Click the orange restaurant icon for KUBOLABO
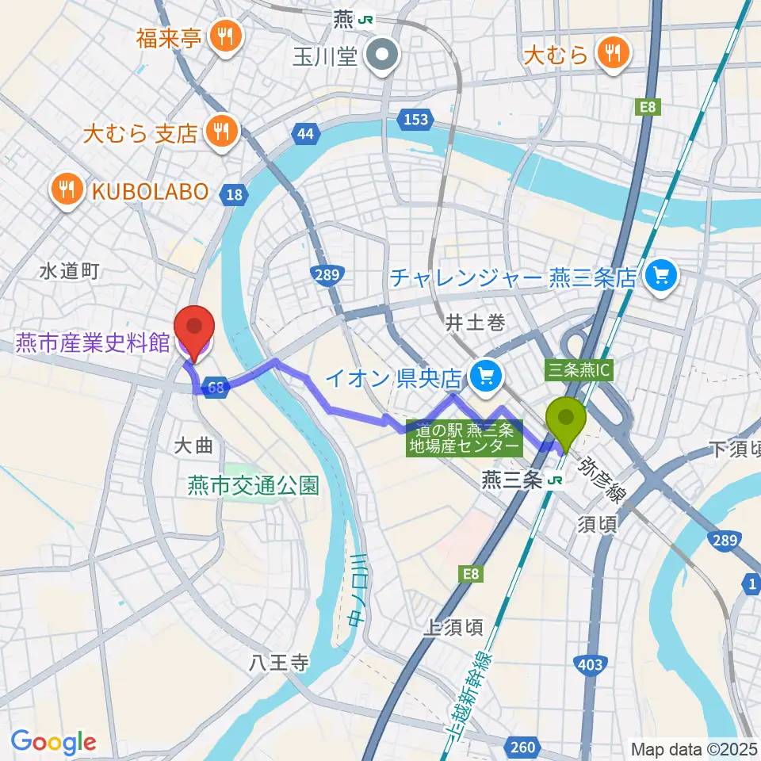(x=68, y=190)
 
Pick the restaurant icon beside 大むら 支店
(x=220, y=132)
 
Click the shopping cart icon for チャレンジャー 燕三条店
(x=660, y=277)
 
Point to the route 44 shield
(x=305, y=133)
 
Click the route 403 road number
(x=591, y=664)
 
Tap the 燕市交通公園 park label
(x=253, y=485)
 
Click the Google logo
(x=53, y=742)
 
